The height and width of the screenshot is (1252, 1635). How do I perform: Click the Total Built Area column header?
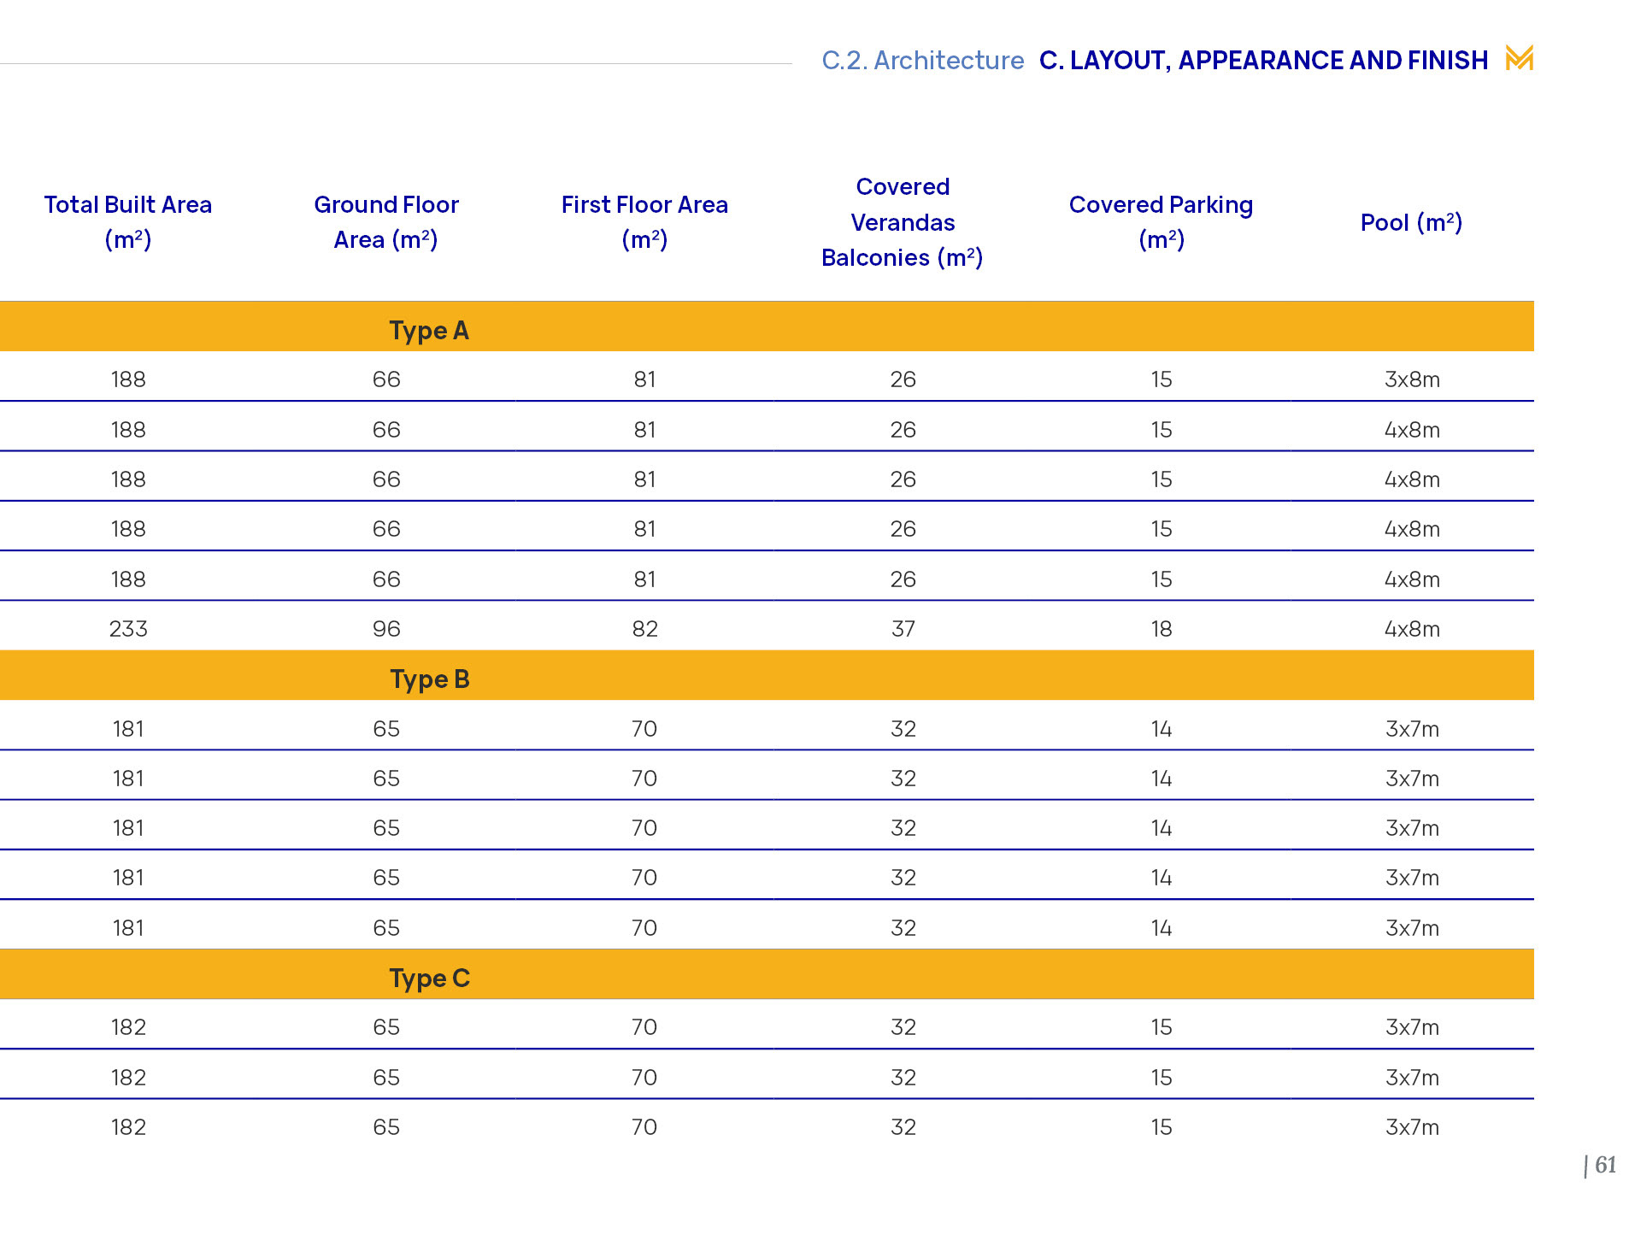pos(128,222)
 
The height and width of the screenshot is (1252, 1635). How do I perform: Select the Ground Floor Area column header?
pos(386,222)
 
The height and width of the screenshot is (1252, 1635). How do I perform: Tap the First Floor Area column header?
pos(644,222)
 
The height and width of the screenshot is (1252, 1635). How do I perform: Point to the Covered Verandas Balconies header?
pos(903,222)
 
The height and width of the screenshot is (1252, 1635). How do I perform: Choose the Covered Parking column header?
pos(1161,222)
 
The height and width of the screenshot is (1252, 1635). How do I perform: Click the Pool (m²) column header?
pos(1411,223)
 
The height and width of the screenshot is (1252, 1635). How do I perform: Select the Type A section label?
pos(429,331)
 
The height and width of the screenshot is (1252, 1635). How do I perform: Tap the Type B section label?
pos(430,679)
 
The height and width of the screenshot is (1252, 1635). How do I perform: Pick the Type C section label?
pos(430,979)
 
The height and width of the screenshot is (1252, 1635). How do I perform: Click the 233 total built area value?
pos(128,630)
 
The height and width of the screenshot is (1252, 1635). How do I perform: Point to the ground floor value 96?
pos(386,630)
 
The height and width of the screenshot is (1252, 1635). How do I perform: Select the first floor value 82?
pos(644,630)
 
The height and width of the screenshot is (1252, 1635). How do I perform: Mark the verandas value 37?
pos(903,630)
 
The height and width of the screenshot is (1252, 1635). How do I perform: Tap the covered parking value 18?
pos(1161,630)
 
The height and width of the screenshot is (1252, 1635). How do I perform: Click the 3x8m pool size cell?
pos(1412,380)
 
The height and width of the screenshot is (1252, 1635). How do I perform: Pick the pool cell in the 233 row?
pos(1412,630)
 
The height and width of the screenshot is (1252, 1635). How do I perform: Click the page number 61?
pos(1604,1165)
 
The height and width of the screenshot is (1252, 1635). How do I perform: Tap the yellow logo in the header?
pos(1519,58)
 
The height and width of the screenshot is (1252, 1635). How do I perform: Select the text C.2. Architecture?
pos(922,61)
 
